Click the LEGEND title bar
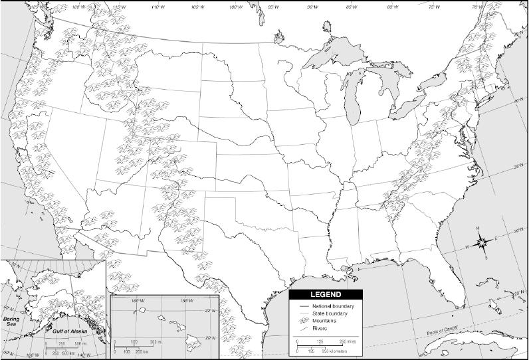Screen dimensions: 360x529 pyautogui.click(x=326, y=294)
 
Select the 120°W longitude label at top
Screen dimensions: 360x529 pyautogui.click(x=79, y=7)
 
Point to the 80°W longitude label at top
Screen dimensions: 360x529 pyautogui.click(x=393, y=7)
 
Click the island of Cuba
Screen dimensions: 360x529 pyautogui.click(x=465, y=342)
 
